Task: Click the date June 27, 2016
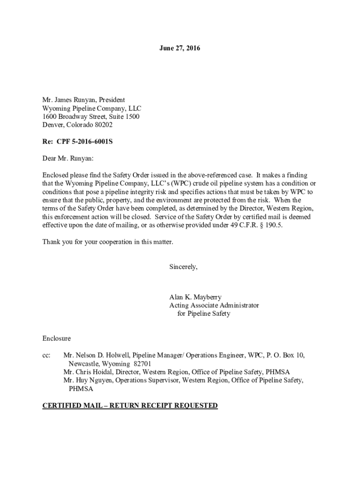pyautogui.click(x=180, y=48)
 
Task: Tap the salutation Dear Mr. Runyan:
pyautogui.click(x=68, y=158)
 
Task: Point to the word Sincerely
pyautogui.click(x=183, y=267)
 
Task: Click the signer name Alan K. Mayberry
pyautogui.click(x=196, y=297)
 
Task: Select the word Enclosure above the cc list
pyautogui.click(x=57, y=338)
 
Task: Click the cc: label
pyautogui.click(x=46, y=355)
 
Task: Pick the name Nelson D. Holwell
pyautogui.click(x=101, y=355)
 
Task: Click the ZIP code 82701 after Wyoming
pyautogui.click(x=142, y=363)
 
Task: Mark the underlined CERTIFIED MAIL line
pyautogui.click(x=130, y=406)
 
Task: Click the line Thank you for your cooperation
pyautogui.click(x=108, y=242)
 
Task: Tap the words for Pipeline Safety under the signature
pyautogui.click(x=203, y=314)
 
